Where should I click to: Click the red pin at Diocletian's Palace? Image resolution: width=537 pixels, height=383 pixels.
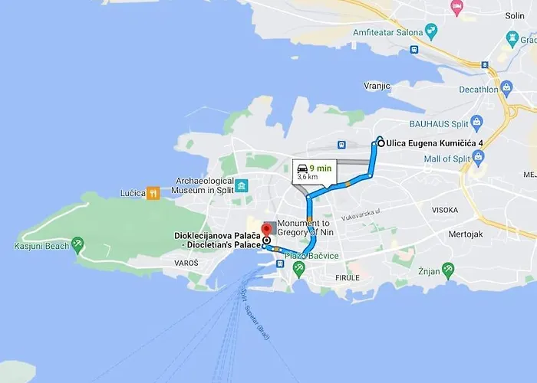[x=266, y=230]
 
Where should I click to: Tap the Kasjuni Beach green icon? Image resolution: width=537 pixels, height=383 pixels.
[x=77, y=245]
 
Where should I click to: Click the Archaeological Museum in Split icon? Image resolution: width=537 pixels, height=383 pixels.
[x=242, y=186]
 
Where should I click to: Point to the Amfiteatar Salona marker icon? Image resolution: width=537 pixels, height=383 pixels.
[x=430, y=32]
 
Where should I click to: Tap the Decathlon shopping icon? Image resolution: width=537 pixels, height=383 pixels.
[x=506, y=88]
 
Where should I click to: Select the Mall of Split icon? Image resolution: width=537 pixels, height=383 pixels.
[x=479, y=158]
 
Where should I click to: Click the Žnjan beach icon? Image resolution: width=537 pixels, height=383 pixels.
[x=448, y=269]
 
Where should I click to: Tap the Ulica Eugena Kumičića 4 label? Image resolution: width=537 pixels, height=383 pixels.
[x=435, y=142]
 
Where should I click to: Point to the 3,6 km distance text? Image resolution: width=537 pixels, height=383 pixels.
[x=308, y=177]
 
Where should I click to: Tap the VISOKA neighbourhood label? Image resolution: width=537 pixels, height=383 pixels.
[x=445, y=210]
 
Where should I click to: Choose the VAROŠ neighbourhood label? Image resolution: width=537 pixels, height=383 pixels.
[x=186, y=263]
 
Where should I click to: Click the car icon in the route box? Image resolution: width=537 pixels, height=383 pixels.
[x=303, y=168]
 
